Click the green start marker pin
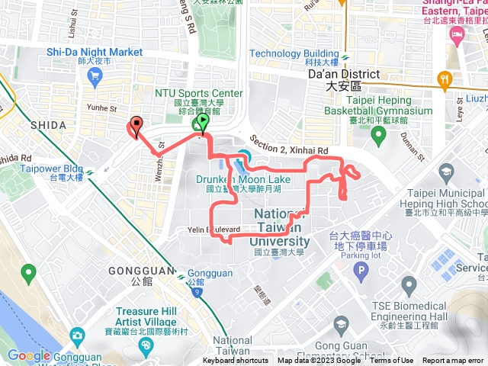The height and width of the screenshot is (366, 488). coord(203,122)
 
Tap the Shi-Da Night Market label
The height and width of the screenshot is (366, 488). coord(95,52)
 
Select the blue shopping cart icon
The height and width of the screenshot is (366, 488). coord(95,75)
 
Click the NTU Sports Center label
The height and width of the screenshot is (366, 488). coord(198,94)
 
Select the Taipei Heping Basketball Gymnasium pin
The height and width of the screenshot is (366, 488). coord(378,136)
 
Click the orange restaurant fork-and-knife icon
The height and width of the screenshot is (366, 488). coord(445,79)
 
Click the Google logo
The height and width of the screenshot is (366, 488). coord(29,355)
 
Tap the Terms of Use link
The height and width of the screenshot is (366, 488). coord(392,361)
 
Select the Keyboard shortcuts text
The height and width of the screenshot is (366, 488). coord(236,361)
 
